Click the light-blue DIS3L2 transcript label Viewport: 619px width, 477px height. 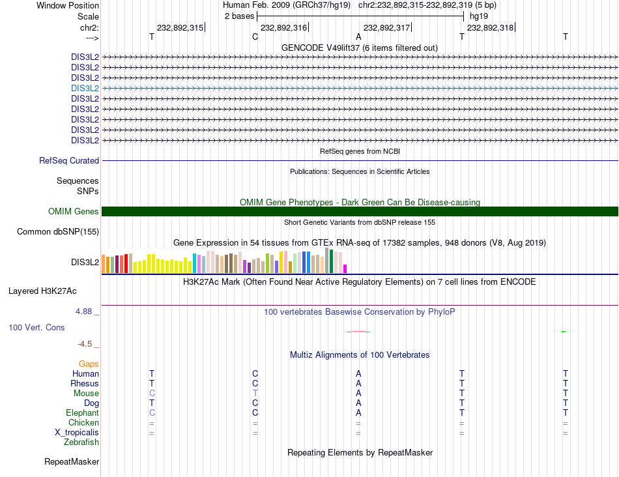[x=85, y=88]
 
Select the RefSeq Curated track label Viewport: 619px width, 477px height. [x=69, y=160]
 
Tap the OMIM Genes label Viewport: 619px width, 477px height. [x=74, y=211]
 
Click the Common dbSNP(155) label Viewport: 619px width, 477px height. [x=58, y=231]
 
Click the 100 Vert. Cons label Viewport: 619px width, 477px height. [x=36, y=327]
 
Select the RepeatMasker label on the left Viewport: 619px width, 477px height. [x=72, y=462]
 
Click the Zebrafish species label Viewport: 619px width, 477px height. [x=81, y=442]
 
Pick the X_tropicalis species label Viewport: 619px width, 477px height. [x=77, y=433]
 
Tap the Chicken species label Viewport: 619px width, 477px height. [x=83, y=423]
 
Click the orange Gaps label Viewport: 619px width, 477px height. [x=89, y=364]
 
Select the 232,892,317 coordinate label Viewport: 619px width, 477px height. [x=386, y=27]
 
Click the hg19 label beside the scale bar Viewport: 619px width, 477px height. [x=478, y=15]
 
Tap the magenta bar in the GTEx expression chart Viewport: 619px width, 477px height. [x=345, y=268]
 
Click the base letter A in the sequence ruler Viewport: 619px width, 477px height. [x=358, y=37]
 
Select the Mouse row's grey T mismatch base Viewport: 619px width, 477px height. [x=255, y=393]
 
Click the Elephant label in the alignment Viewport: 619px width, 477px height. [x=82, y=413]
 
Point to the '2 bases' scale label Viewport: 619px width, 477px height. [x=239, y=15]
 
